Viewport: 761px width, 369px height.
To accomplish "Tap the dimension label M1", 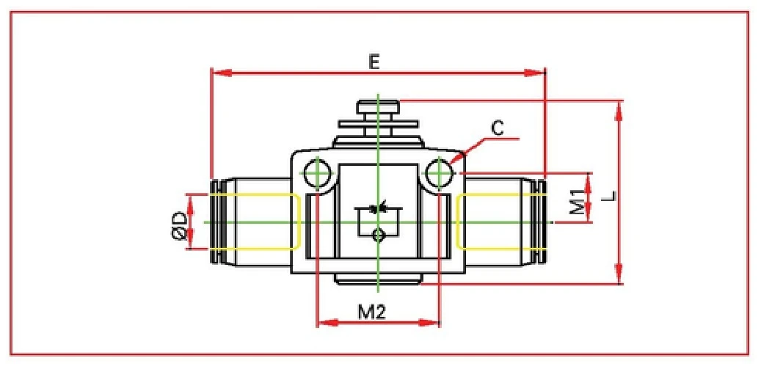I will pos(577,202).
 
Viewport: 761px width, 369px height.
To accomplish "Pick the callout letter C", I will pos(497,128).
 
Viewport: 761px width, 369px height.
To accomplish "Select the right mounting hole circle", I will pos(439,173).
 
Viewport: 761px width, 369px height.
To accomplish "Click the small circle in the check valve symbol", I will pos(377,235).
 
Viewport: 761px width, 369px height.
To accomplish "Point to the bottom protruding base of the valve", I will pos(377,278).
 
